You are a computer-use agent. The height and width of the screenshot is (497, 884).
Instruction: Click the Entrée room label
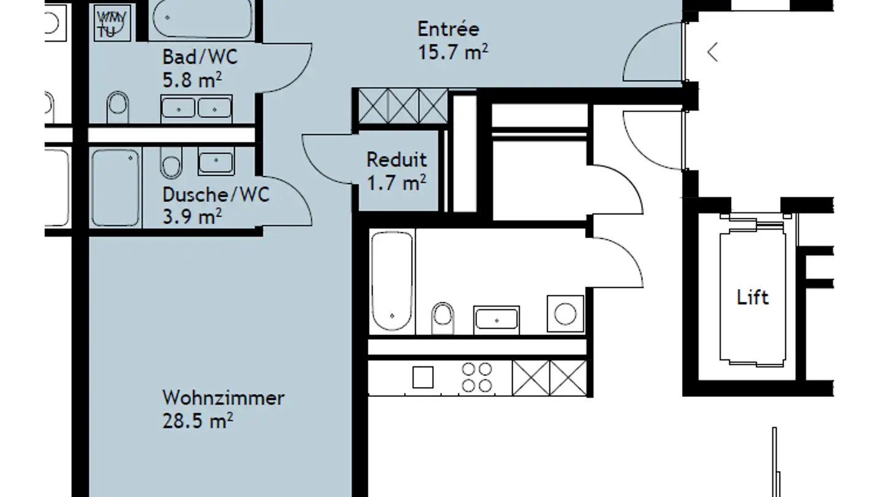click(448, 29)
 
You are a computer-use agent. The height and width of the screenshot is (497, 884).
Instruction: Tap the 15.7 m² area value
click(452, 52)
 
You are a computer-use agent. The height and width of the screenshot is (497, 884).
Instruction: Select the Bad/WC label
click(200, 57)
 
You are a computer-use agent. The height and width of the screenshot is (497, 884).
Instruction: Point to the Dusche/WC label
click(216, 195)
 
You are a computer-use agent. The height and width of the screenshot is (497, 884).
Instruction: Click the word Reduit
click(397, 160)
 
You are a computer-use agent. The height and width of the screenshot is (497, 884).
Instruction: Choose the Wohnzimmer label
click(223, 398)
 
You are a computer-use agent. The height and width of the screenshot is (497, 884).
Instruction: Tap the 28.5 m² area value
click(197, 421)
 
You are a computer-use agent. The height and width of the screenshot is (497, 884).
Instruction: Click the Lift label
click(753, 297)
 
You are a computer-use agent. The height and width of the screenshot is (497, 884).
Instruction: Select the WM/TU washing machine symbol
click(112, 23)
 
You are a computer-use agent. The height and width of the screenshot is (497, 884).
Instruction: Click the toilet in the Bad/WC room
click(118, 107)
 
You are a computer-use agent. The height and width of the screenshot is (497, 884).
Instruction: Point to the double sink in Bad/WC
click(196, 109)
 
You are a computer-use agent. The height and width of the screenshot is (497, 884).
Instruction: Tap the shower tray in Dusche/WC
click(115, 188)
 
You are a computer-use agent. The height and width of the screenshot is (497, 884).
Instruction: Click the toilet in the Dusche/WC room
click(171, 163)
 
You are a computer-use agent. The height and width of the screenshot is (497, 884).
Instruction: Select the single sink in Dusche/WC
click(216, 161)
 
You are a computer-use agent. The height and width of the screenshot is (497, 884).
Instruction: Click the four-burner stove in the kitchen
click(477, 377)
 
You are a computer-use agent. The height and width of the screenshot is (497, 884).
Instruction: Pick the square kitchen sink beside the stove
click(423, 377)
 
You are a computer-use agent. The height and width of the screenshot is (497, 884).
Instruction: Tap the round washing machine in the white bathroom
click(565, 314)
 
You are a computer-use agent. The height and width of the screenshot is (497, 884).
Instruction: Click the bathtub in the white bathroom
click(392, 281)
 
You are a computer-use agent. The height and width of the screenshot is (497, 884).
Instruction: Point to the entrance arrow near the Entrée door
click(712, 52)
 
